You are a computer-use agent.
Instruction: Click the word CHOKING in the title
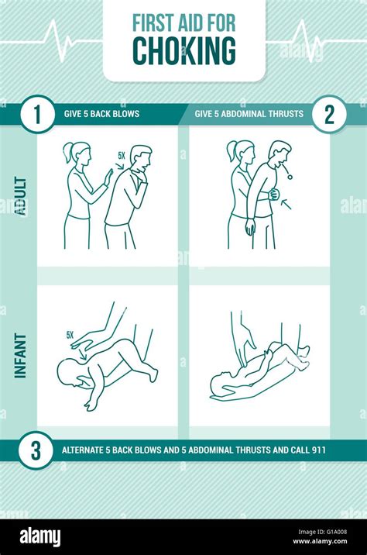183,50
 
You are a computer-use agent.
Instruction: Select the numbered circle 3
37,450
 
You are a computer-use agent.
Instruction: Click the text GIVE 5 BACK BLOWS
101,114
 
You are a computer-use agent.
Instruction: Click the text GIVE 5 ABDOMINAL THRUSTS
250,114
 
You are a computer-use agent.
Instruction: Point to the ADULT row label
21,196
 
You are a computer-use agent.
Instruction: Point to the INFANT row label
21,355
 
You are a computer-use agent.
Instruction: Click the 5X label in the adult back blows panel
121,156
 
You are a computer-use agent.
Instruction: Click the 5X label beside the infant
70,336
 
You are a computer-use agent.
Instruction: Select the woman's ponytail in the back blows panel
67,153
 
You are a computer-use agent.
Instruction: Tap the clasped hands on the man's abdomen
273,195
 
